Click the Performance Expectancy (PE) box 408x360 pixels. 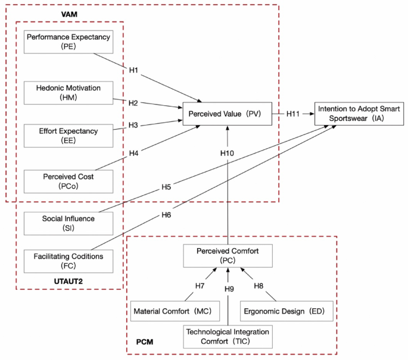click(68, 42)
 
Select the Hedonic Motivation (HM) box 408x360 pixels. click(68, 93)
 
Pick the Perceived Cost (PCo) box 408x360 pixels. click(68, 181)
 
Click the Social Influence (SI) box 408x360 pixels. click(68, 223)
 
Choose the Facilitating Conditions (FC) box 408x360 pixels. click(68, 261)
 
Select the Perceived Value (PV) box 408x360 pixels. click(227, 113)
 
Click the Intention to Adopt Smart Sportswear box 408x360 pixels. click(360, 113)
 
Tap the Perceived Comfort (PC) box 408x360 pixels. click(228, 256)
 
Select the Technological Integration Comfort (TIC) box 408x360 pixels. click(228, 336)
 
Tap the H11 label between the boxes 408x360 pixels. click(294, 113)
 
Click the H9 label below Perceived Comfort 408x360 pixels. click(229, 289)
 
